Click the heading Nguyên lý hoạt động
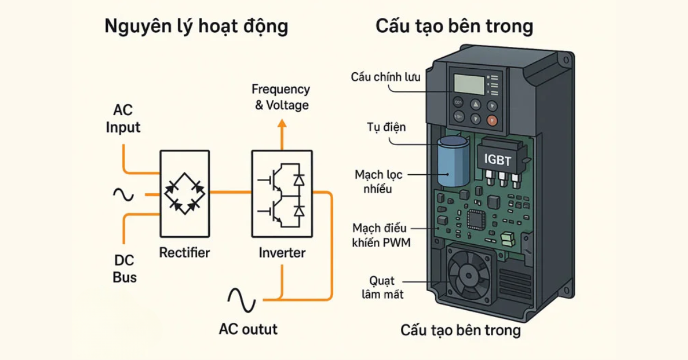196,27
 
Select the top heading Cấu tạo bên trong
454,26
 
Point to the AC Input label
123,119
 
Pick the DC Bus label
124,269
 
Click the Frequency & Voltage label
281,97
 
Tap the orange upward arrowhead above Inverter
282,124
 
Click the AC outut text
248,329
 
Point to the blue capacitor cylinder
452,162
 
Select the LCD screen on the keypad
468,85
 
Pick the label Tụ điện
386,127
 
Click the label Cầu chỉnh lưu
385,77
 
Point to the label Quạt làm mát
382,288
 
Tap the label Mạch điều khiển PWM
381,235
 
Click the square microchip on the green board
475,219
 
